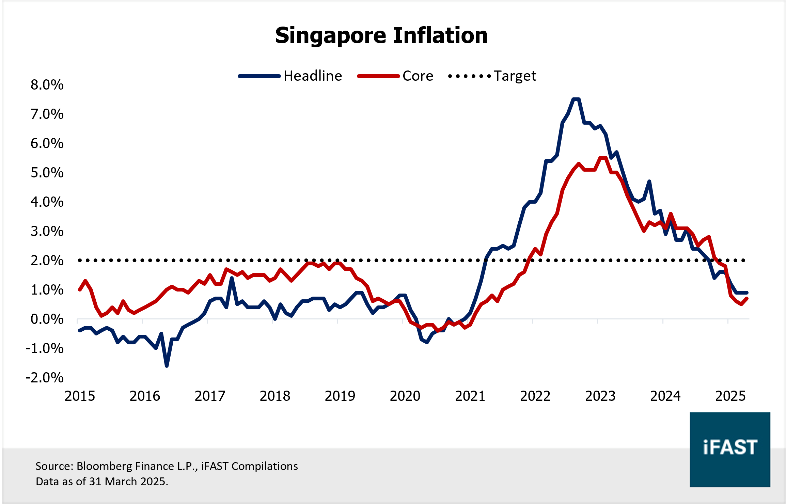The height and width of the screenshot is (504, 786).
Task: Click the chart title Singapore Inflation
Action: (381, 35)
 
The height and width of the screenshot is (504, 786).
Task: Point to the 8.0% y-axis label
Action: (47, 85)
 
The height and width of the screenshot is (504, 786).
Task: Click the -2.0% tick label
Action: (45, 378)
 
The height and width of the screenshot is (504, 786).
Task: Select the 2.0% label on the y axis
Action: (47, 261)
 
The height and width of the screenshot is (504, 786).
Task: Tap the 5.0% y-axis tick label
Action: (47, 173)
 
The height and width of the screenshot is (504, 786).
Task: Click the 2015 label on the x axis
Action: (80, 396)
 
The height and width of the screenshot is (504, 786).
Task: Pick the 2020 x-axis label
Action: (405, 396)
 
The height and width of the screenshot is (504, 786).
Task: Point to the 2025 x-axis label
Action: (730, 396)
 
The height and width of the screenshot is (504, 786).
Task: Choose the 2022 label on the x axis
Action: (535, 396)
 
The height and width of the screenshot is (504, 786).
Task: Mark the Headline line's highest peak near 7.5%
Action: (576, 99)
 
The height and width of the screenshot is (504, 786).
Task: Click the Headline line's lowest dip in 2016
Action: (167, 366)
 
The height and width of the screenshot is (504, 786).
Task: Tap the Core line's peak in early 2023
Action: (603, 158)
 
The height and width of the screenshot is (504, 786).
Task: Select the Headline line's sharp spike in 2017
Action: (232, 278)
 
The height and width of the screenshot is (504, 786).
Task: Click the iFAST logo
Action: (730, 449)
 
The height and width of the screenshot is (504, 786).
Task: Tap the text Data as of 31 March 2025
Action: (102, 482)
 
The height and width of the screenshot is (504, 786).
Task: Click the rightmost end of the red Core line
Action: (747, 299)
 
